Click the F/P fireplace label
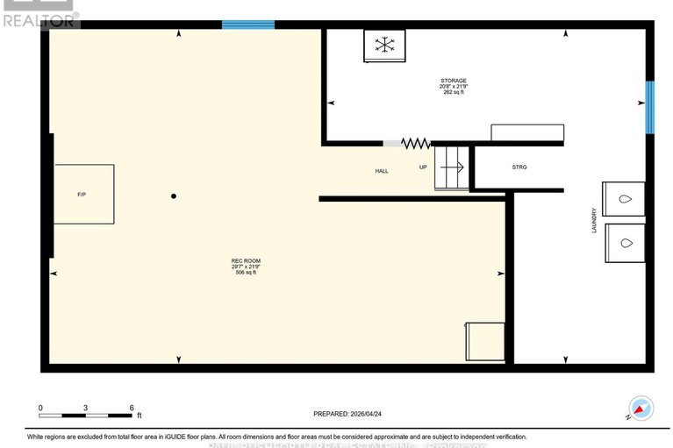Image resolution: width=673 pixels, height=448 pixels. point(82,194)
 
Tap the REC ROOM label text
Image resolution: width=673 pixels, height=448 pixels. point(246,260)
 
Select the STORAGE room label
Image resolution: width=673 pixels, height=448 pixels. point(453,82)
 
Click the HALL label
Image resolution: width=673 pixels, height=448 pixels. point(382,171)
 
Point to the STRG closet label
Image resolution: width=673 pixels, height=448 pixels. point(519,167)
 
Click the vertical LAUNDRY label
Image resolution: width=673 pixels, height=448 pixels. point(594,219)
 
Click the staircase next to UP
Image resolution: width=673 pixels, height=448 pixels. point(452,168)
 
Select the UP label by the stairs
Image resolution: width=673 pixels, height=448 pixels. point(423,167)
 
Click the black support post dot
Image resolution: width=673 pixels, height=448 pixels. point(174,196)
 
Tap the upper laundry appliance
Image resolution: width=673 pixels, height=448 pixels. point(624,199)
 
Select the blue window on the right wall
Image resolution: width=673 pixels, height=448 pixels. point(650,107)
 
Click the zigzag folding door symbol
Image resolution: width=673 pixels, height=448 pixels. point(415,142)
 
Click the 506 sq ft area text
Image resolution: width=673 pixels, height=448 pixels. point(246,273)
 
